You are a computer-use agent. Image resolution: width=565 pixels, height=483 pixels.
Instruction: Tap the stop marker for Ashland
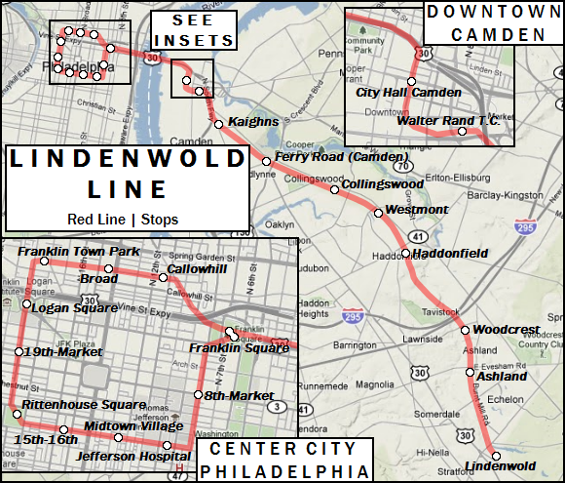point(471,372)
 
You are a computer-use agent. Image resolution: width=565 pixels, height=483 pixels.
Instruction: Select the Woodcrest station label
point(506,330)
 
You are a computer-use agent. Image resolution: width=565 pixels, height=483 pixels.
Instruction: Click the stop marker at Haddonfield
point(406,254)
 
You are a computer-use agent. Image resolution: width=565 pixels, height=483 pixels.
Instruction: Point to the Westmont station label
point(417,210)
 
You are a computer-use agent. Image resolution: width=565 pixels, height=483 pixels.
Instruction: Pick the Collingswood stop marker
point(334,189)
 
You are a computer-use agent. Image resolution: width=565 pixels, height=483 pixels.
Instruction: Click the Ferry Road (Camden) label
point(326,156)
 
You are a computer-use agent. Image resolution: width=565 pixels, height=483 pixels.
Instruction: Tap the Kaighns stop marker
point(219,124)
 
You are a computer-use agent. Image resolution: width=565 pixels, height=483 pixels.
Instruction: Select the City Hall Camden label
point(401,92)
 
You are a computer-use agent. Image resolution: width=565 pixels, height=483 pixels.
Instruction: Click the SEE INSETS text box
point(195,30)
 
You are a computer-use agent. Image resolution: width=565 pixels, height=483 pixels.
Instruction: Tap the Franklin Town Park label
point(79,252)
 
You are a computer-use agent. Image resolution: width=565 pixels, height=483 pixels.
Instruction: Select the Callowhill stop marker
point(164,278)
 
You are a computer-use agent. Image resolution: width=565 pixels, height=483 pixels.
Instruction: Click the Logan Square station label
point(74,307)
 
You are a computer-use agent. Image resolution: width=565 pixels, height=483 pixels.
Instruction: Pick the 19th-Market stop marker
point(19,351)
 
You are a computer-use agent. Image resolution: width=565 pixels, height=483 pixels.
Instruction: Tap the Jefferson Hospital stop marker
point(168,446)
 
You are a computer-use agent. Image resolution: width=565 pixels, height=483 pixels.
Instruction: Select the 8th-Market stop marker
point(198,395)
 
